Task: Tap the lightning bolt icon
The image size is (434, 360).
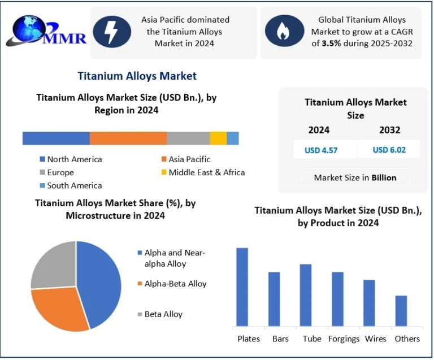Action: [x=112, y=33]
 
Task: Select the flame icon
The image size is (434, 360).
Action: [x=283, y=33]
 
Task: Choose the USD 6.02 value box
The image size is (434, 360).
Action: [x=389, y=150]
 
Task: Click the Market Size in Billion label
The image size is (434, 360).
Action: [x=355, y=177]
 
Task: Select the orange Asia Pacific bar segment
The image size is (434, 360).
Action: [x=128, y=138]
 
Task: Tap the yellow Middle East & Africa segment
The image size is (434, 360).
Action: [x=218, y=138]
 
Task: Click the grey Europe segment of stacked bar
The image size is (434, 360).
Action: [x=188, y=138]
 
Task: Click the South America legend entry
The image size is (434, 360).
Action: [x=74, y=185]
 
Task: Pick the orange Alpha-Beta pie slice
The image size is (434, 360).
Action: [x=57, y=308]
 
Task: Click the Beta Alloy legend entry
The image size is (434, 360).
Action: [x=163, y=314]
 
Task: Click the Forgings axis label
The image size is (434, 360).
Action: [x=344, y=339]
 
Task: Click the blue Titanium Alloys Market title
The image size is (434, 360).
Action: [x=137, y=76]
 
